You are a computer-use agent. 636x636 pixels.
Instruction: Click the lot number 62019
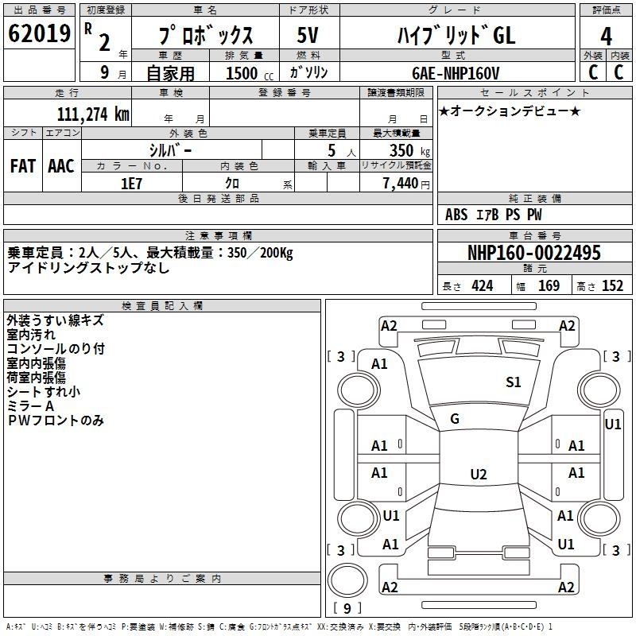39,33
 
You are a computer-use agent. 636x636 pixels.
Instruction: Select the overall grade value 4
606,37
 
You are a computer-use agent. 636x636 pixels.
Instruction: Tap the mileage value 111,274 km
93,114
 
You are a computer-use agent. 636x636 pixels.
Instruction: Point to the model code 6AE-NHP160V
456,73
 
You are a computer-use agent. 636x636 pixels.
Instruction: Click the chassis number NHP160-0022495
534,252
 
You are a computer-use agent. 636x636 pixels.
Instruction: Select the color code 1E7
131,184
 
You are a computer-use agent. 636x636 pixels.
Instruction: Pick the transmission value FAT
23,166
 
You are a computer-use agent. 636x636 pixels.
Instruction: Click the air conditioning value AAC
61,166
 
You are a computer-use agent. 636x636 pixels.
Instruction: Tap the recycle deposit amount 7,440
401,184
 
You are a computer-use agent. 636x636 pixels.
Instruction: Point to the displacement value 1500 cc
250,73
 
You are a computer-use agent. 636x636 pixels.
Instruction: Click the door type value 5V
308,35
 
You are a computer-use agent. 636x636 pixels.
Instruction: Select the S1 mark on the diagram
513,382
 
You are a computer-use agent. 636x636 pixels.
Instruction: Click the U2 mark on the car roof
479,474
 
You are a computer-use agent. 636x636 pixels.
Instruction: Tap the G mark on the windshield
455,419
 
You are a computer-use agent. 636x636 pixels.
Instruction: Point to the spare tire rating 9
347,608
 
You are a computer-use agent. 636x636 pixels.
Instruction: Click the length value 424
483,286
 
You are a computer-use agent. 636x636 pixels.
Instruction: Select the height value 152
612,286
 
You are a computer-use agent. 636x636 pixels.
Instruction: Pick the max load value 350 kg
409,150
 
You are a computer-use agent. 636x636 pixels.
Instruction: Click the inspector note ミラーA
30,406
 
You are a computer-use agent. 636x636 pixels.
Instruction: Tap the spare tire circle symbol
347,580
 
